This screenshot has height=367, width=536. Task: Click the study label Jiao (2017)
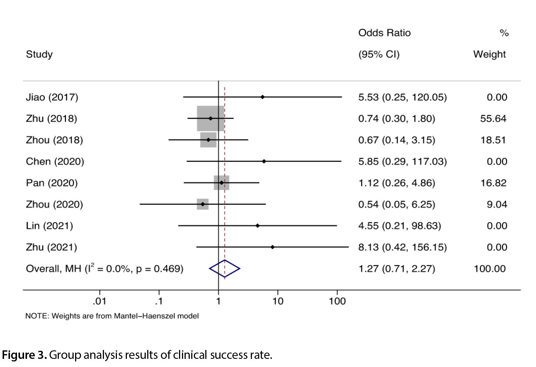coord(52,97)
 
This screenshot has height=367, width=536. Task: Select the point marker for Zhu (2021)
coord(272,247)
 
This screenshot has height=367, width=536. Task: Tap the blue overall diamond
coord(225,269)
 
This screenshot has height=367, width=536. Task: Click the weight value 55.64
coord(493,119)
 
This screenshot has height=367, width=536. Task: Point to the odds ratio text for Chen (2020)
coord(402,162)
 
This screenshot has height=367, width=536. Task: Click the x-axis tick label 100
coord(337,301)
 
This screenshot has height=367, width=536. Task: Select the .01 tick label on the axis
coord(100,301)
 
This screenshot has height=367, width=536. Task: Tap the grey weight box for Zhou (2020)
coord(203,204)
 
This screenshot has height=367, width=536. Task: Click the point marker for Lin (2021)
coord(257,226)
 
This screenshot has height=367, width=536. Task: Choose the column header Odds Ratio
coord(384,33)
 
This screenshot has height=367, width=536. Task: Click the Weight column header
coord(489,54)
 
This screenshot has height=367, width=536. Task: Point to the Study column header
coord(39,54)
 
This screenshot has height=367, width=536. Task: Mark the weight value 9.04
coord(497,204)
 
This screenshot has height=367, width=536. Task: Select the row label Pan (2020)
coord(52,183)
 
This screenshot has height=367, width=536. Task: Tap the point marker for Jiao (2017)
coord(263,97)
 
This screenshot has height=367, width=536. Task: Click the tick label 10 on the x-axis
coord(278,301)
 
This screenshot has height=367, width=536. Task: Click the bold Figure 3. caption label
coord(24,355)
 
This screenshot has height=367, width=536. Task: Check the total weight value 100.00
coord(490,269)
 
